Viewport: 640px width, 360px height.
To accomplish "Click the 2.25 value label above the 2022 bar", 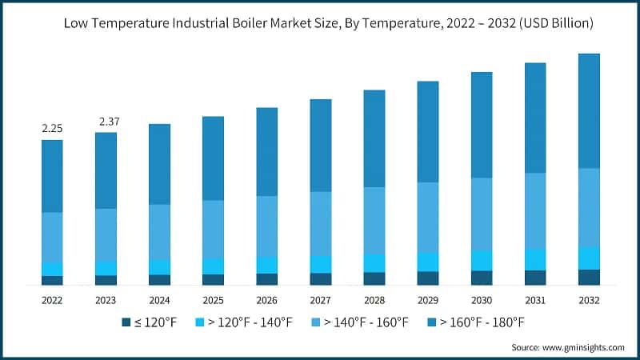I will click(x=52, y=128).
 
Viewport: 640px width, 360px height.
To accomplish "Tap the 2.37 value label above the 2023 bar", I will click(x=106, y=121).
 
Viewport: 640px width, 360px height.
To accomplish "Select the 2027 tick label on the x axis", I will click(x=320, y=300).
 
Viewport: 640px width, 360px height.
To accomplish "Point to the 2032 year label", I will click(x=589, y=300).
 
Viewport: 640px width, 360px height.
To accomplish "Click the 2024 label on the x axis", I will click(x=159, y=300).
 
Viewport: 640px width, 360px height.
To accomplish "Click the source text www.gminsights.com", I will click(x=584, y=347).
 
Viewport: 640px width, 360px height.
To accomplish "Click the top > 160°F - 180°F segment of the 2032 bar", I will click(x=589, y=110).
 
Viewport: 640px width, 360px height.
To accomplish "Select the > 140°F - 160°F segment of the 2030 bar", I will click(x=482, y=214).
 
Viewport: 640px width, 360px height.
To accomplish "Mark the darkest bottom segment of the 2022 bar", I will click(x=52, y=280).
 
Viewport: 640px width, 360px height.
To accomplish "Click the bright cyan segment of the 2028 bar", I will click(x=374, y=263).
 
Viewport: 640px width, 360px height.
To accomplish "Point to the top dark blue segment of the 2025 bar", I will click(x=213, y=158).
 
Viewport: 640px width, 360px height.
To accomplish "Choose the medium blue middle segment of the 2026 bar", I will click(x=266, y=226).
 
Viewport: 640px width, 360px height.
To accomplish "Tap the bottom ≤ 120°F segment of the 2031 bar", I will click(x=535, y=278).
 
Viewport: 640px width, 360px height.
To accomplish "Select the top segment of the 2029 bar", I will click(x=428, y=132).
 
